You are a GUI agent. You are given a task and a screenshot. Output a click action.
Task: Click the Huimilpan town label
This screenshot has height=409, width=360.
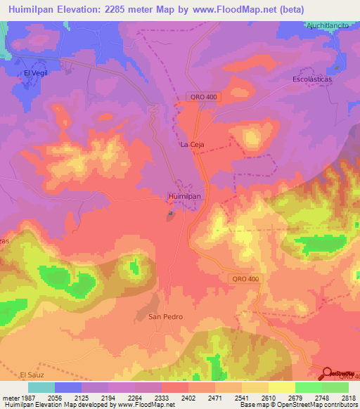click(x=186, y=197)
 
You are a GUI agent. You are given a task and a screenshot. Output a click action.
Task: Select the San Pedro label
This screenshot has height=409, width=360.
click(x=165, y=317)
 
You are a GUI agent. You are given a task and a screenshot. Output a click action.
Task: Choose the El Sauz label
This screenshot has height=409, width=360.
click(x=32, y=375)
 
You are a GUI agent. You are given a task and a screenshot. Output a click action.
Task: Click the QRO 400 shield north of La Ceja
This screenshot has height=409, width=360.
click(x=204, y=96)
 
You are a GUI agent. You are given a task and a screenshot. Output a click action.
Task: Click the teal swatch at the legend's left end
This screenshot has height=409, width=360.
click(x=41, y=387)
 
